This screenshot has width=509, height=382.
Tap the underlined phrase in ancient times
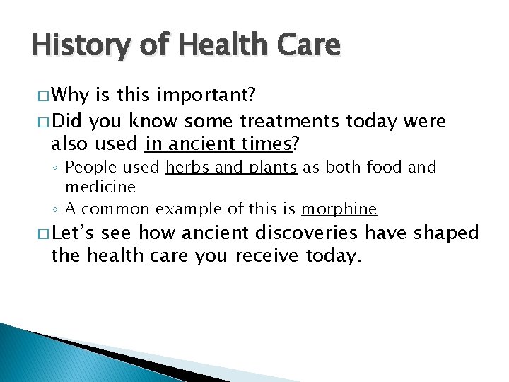click(x=218, y=144)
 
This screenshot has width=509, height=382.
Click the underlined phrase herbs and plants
click(x=231, y=168)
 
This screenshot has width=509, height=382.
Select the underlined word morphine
click(x=339, y=209)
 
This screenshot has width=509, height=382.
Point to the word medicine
click(x=100, y=187)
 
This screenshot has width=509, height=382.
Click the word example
click(x=187, y=209)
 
